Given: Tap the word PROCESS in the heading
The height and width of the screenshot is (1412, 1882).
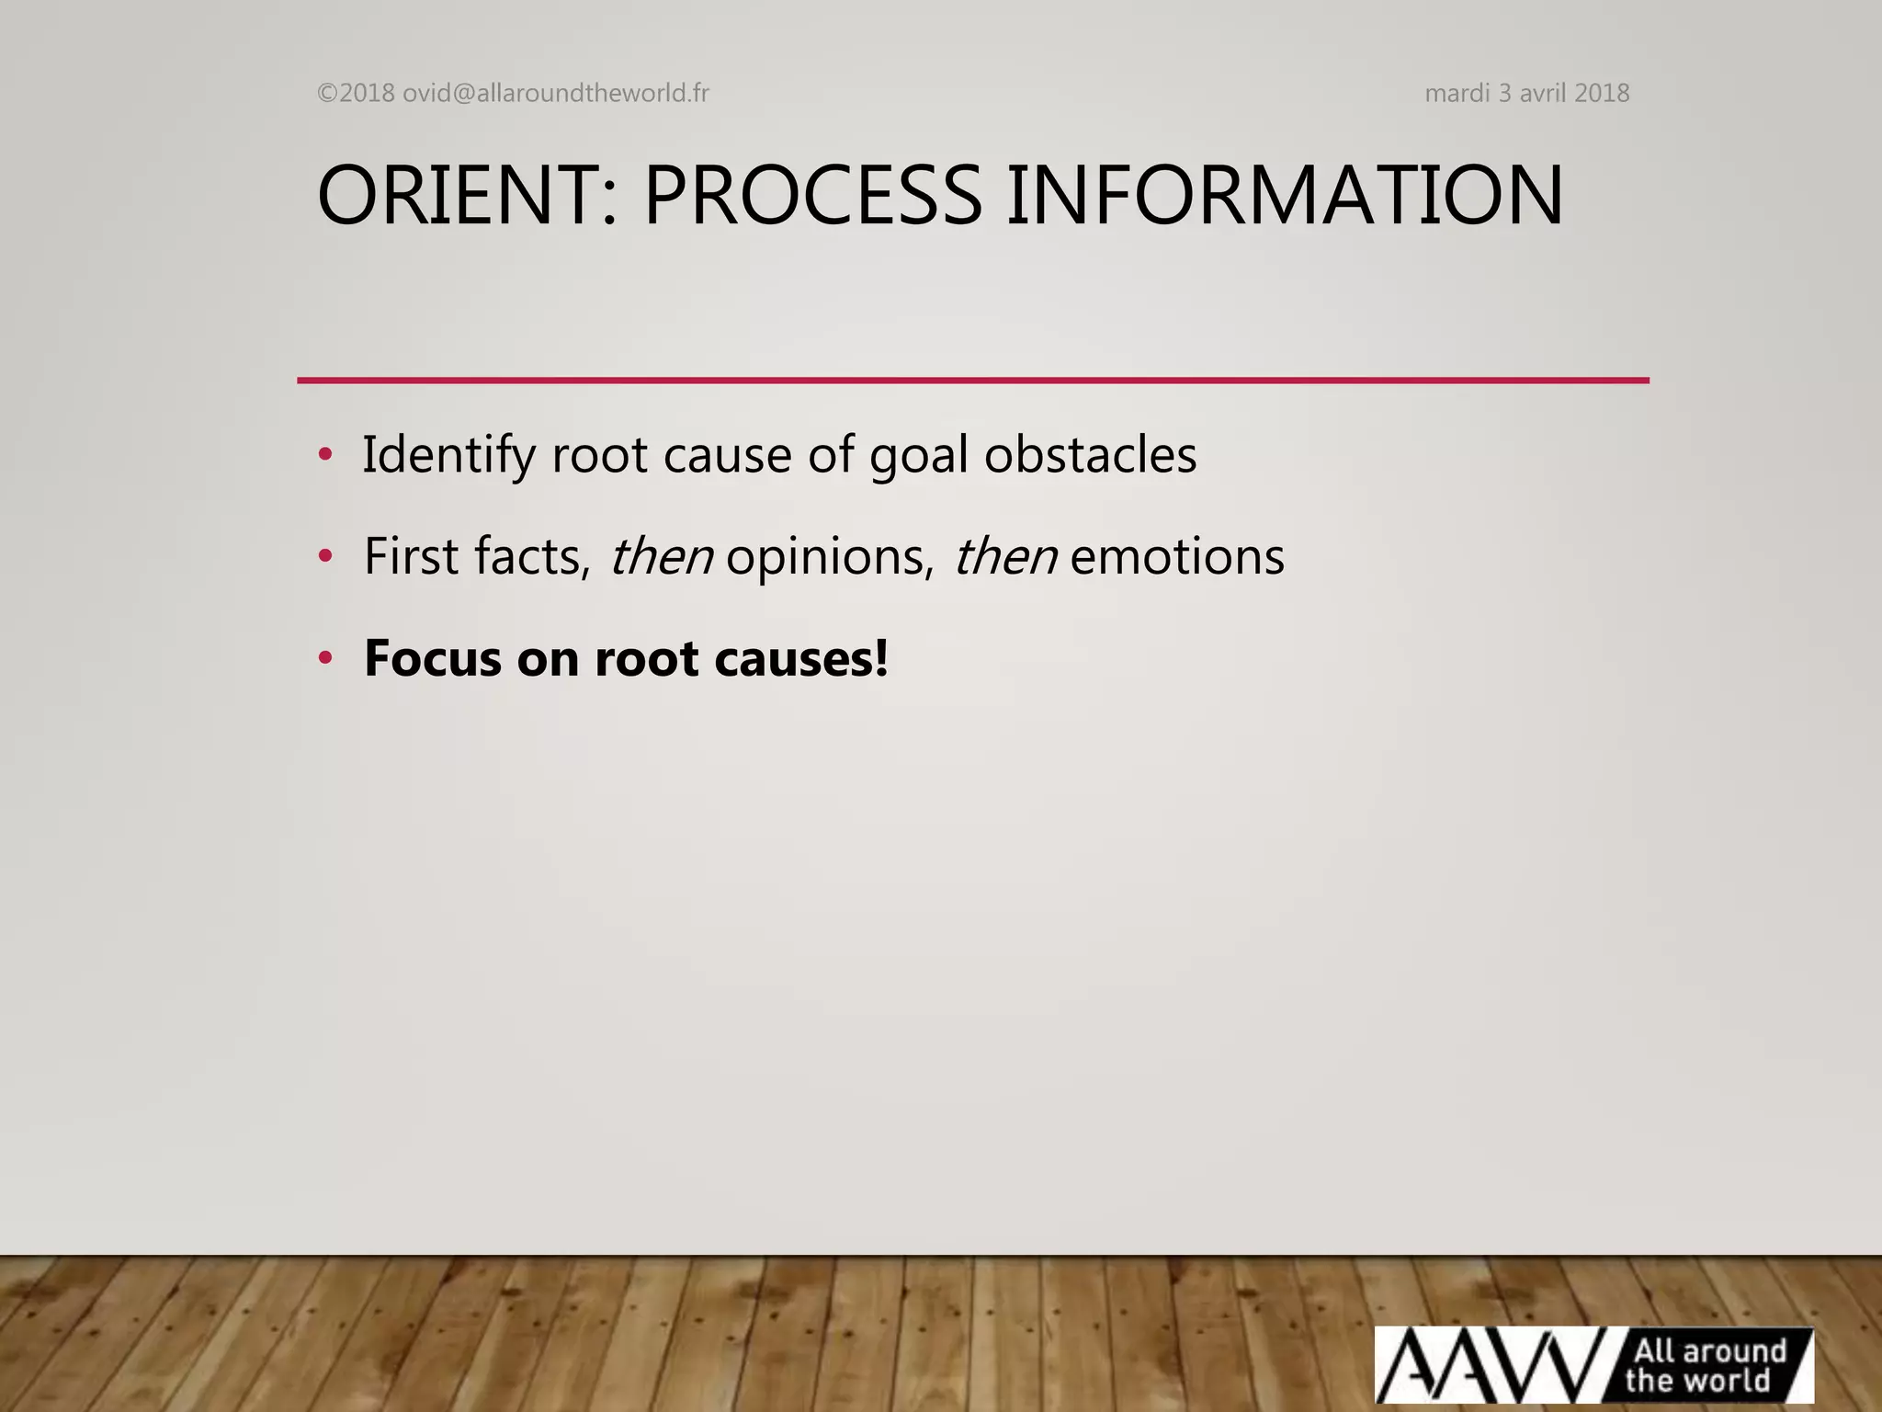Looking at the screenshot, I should tap(812, 196).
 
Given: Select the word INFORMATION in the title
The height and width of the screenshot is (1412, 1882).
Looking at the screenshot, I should tap(1284, 196).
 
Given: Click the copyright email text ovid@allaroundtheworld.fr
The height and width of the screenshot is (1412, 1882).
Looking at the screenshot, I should tap(555, 94).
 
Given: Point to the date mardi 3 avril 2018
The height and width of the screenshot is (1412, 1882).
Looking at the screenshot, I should tap(1526, 94).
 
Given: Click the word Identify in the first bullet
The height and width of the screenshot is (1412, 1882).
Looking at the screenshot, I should tap(448, 456).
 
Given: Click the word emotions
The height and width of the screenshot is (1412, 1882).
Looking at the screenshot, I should tap(1176, 557).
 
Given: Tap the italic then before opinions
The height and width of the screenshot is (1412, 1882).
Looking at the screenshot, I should tap(661, 557).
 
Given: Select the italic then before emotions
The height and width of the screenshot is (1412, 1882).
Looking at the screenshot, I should tap(1004, 557).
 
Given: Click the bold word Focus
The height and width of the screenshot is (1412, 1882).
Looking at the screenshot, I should tap(432, 658).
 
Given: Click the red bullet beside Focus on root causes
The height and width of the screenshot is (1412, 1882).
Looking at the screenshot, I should tap(324, 658).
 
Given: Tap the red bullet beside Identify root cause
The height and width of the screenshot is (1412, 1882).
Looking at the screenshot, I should tap(324, 455).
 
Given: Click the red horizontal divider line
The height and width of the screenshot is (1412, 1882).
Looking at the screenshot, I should tap(972, 380).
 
